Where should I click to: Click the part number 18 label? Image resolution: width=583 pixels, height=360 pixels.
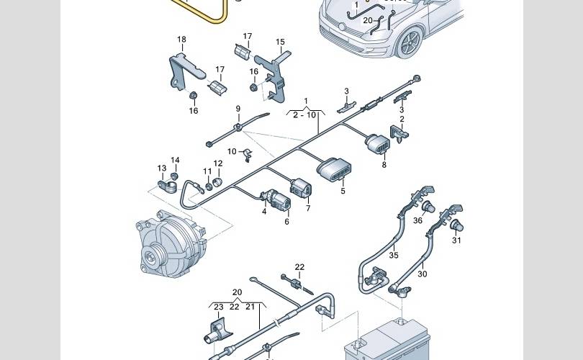(181, 39)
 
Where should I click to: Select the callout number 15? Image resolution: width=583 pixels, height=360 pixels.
(280, 42)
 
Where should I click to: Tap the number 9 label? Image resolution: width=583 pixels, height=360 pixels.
(238, 109)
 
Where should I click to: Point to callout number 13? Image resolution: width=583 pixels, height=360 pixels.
(162, 168)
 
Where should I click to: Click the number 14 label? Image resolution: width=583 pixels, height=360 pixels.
(175, 160)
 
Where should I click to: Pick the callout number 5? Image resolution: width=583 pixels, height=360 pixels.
(343, 191)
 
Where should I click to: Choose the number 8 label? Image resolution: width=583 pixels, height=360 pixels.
(384, 165)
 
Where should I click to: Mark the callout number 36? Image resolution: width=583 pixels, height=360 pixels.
(417, 221)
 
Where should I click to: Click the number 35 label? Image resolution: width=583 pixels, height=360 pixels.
(394, 255)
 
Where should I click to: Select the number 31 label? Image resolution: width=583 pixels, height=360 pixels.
(456, 240)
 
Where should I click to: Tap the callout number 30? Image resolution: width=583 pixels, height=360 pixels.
(422, 274)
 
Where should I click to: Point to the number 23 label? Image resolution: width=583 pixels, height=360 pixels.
(219, 306)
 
